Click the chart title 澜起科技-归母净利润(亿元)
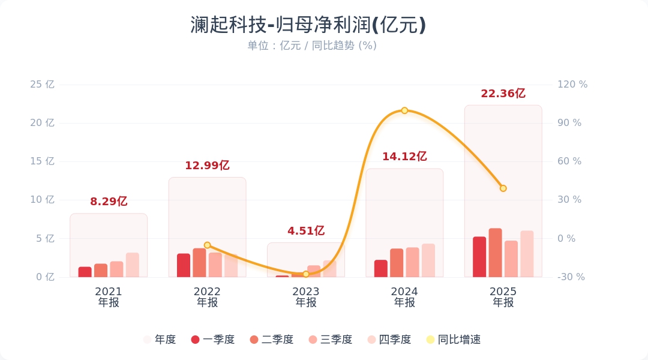coord(308,25)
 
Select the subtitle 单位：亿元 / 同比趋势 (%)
coord(312,46)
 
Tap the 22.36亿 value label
coord(503,94)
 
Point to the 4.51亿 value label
coord(305,231)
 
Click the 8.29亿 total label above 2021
coord(109,202)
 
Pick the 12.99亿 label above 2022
coord(207,166)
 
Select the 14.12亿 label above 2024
coord(404,157)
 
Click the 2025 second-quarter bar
coord(495,253)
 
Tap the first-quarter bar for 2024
coord(381,268)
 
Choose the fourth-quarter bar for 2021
coord(132,265)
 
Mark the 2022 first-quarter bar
coord(184,265)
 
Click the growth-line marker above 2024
coord(404,110)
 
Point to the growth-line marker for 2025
coord(503,188)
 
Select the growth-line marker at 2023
coord(305,274)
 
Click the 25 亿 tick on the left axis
coord(42,85)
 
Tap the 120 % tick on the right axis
coord(572,85)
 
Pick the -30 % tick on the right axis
coord(571,277)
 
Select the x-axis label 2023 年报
coord(305,297)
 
